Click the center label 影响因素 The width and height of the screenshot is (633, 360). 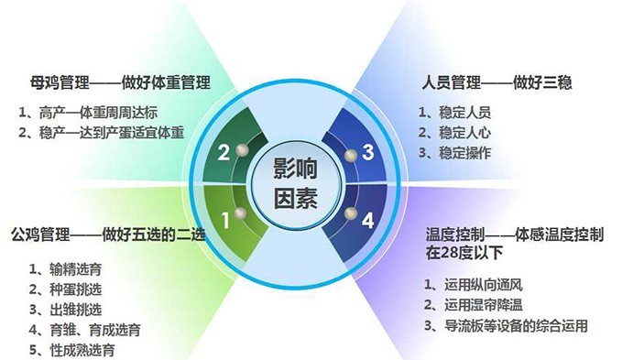296,183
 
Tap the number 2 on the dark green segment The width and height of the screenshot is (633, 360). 224,153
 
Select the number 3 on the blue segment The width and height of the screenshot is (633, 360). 367,152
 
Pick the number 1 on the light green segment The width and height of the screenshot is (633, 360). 225,221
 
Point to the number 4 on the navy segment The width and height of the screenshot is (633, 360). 367,221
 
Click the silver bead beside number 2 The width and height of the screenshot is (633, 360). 242,150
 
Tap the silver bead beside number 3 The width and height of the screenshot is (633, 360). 351,155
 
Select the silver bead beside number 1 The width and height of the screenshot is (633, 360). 240,213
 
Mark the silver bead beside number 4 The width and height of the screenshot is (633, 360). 351,213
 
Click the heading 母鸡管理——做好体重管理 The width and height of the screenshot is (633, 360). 120,82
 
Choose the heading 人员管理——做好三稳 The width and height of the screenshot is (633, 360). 497,82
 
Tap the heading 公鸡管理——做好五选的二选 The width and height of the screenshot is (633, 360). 108,235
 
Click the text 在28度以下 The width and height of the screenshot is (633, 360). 464,253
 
